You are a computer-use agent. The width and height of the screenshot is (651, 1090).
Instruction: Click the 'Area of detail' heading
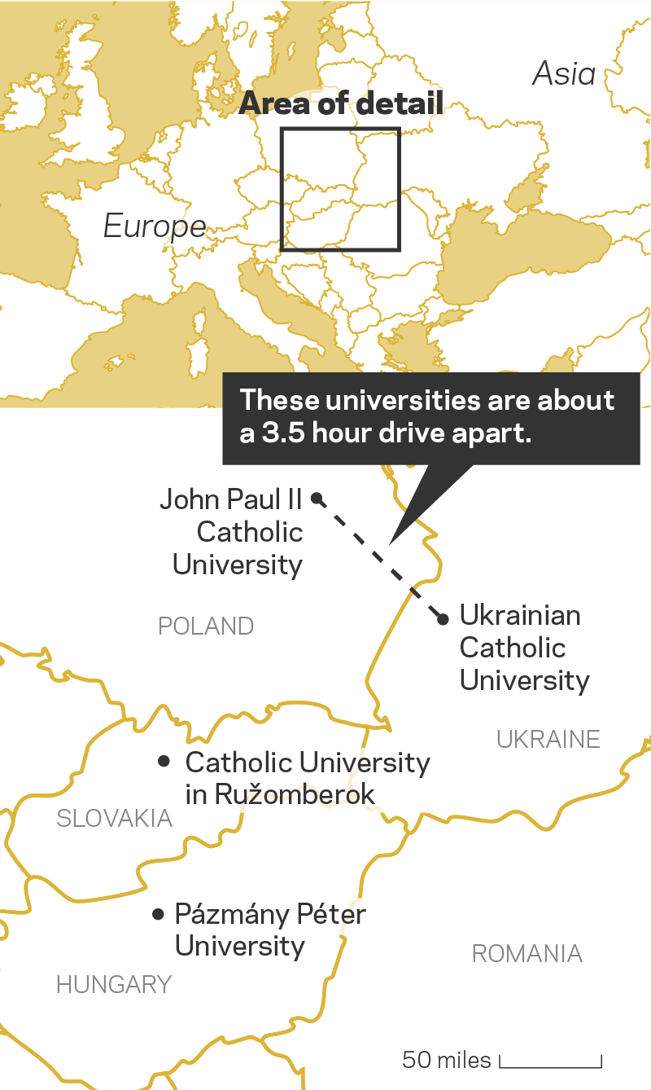[x=342, y=104]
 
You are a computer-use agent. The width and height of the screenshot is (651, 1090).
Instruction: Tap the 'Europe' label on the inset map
[x=155, y=226]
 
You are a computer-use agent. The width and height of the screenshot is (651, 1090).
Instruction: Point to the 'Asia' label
[x=564, y=74]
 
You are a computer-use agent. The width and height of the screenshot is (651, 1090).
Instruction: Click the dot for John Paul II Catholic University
[x=317, y=498]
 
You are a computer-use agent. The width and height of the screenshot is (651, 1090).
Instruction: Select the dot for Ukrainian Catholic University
[x=443, y=619]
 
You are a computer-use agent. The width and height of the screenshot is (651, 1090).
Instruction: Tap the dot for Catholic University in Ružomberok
[x=164, y=761]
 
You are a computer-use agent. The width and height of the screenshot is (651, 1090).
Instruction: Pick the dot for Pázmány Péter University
[x=158, y=914]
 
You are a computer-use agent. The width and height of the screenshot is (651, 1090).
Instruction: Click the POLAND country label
[x=206, y=626]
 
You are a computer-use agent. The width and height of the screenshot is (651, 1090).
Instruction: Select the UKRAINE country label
[x=548, y=739]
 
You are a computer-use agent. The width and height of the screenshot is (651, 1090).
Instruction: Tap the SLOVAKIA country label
[x=114, y=818]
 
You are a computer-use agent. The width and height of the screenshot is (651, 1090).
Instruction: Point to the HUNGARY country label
[x=114, y=984]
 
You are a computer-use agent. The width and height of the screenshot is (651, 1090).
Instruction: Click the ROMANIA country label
[x=527, y=953]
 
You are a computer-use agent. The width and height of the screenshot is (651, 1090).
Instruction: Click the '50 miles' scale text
[x=447, y=1060]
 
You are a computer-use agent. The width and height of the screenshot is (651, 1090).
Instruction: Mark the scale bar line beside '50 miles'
[x=550, y=1065]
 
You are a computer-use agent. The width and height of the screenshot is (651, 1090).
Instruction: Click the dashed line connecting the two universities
[x=380, y=558]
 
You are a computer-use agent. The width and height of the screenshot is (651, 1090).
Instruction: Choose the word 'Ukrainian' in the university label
[x=520, y=615]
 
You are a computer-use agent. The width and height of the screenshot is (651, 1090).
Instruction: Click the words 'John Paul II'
[x=231, y=499]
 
